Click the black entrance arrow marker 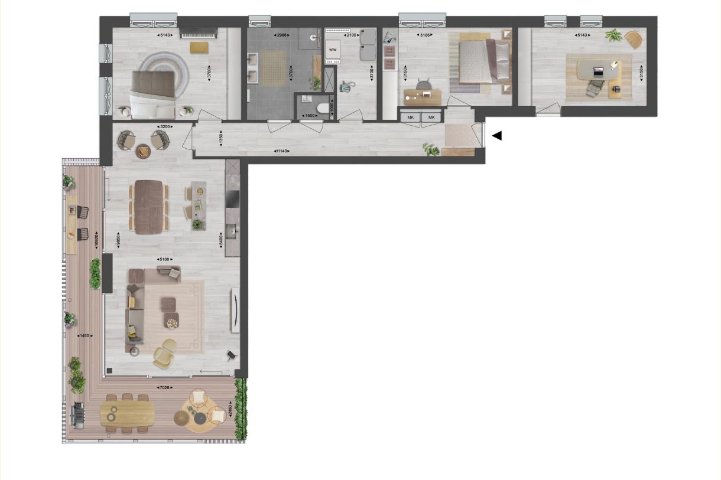[497, 136]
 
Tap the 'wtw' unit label [333, 50]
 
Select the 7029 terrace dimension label [164, 387]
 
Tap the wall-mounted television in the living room [235, 310]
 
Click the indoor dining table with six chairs [148, 207]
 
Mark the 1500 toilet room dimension [308, 116]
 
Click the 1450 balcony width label [83, 335]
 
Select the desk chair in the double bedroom [423, 86]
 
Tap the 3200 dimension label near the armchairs [165, 126]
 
